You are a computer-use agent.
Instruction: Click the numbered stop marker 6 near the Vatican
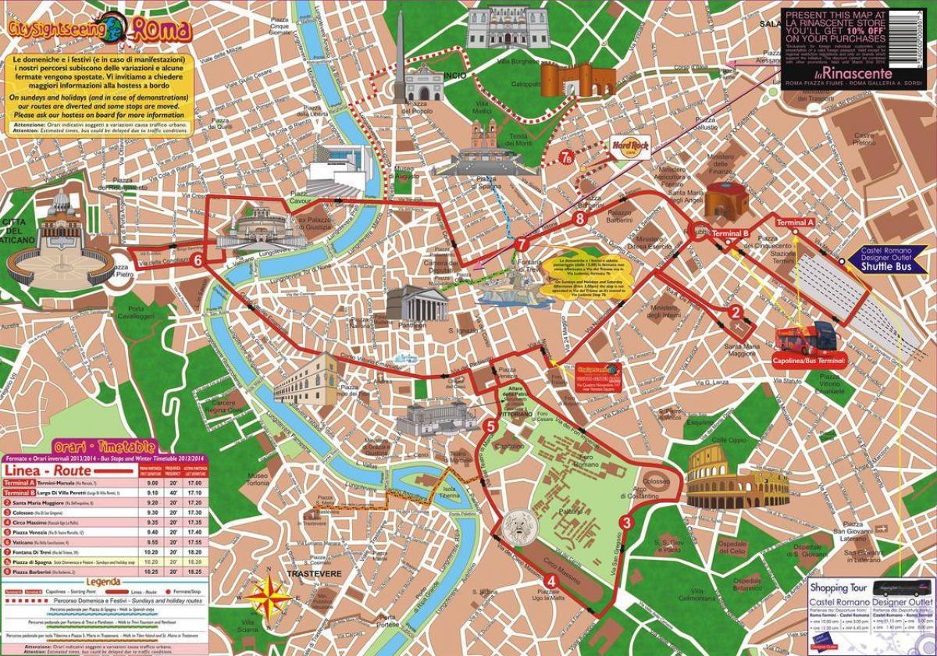(198, 261)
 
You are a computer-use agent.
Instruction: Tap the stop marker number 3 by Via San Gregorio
(625, 523)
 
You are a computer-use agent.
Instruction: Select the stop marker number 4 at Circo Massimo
(552, 580)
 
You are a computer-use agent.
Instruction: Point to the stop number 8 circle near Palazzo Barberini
(579, 219)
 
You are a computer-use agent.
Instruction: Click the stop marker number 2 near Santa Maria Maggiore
(735, 312)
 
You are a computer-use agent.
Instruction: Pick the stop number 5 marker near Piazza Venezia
(490, 426)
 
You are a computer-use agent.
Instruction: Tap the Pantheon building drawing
(407, 305)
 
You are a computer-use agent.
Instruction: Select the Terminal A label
(795, 223)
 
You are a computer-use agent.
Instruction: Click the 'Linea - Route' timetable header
(47, 471)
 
